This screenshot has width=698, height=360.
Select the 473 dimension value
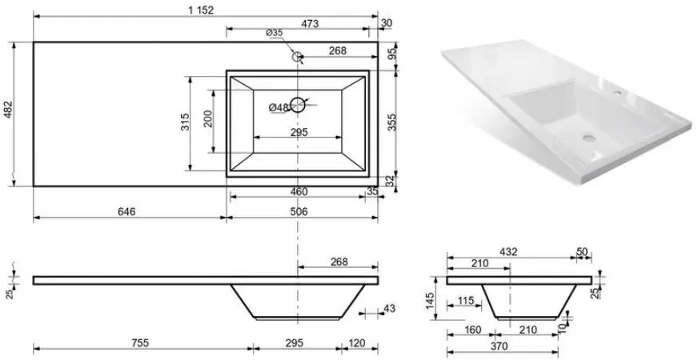tap(310, 24)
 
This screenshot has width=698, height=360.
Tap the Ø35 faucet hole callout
tap(275, 33)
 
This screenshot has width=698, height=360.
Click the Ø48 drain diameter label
tap(279, 107)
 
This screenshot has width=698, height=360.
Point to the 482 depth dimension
tap(9, 110)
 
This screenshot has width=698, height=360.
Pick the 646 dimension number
tap(126, 211)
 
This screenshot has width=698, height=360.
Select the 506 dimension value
tap(299, 211)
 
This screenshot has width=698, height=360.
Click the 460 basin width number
tap(299, 192)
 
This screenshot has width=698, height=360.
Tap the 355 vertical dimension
tap(391, 122)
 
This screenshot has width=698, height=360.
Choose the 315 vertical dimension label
tap(186, 122)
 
